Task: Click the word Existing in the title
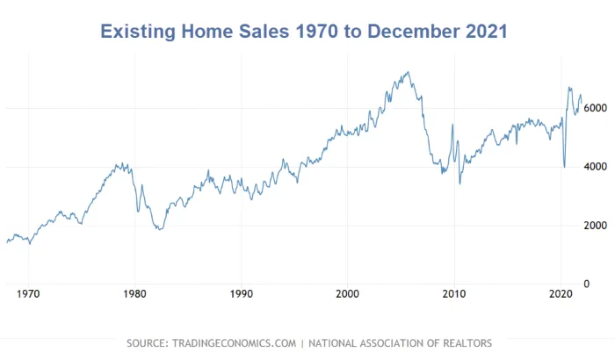coord(138,32)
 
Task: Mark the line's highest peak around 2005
coord(407,72)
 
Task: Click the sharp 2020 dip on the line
coord(564,167)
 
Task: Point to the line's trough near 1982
coord(159,230)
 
